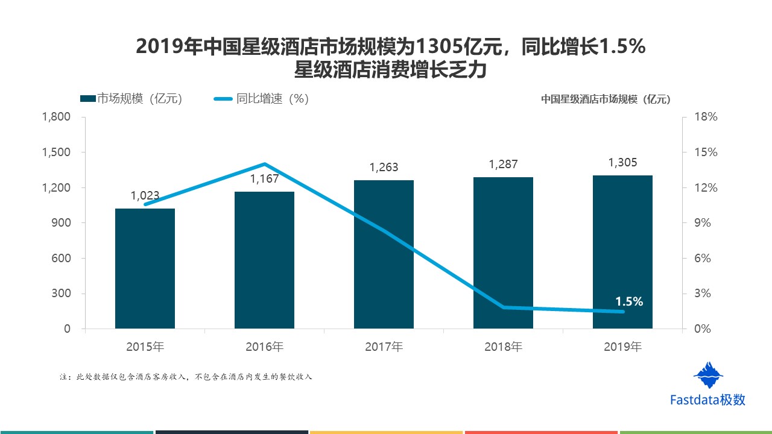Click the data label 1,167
[x=264, y=179]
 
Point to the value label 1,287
[x=503, y=164]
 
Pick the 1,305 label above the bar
[x=622, y=163]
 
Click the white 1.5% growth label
[x=629, y=302]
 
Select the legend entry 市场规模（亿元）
[x=131, y=99]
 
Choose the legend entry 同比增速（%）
[x=261, y=99]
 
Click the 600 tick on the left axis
[x=63, y=259]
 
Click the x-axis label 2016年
[x=264, y=347]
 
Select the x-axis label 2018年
[x=503, y=347]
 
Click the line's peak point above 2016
[x=265, y=164]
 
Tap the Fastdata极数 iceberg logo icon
[x=708, y=376]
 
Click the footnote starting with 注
[x=186, y=377]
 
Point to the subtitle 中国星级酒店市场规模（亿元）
[x=605, y=99]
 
